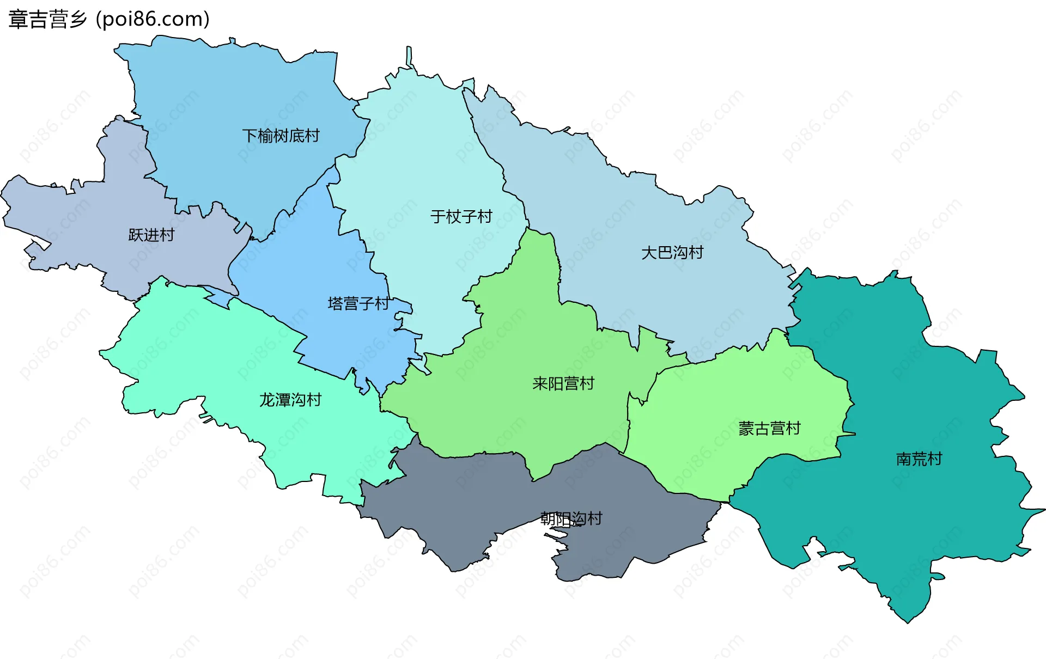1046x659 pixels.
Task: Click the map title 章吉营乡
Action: tap(48, 20)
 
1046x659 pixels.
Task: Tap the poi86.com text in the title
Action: tap(153, 20)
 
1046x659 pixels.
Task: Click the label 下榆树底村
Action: tap(281, 136)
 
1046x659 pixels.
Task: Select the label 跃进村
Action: tap(151, 235)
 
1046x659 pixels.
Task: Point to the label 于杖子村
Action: tap(461, 217)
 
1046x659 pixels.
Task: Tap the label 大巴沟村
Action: tap(672, 253)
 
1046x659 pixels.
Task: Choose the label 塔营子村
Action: tap(358, 303)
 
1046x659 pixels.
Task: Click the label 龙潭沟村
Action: tap(290, 400)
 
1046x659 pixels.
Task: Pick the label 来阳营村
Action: tap(563, 384)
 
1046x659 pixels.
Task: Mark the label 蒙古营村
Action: tap(769, 429)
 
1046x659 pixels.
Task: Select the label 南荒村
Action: tap(919, 459)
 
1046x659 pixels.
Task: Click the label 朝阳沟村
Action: tap(571, 518)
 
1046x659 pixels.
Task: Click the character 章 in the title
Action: tap(17, 20)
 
